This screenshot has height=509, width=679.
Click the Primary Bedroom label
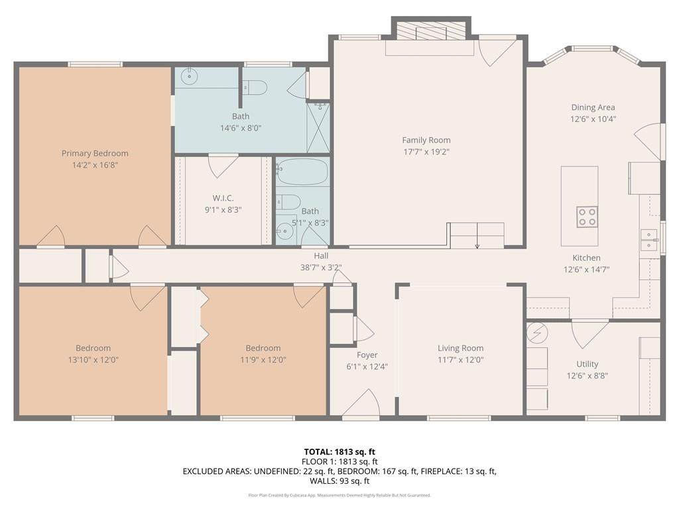[95, 153]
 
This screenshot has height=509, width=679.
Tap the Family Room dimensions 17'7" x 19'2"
[426, 152]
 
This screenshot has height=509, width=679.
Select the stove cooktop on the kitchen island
[587, 217]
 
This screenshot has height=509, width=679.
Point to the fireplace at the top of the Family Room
[431, 32]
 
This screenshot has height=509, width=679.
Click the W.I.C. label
[223, 198]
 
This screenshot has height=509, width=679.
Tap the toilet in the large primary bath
[255, 87]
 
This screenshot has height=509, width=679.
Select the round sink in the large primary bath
[189, 77]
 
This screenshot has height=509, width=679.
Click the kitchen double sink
[648, 240]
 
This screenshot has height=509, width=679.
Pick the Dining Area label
[593, 107]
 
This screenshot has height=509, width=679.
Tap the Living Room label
[460, 348]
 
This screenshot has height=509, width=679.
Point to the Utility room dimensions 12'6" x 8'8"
[587, 376]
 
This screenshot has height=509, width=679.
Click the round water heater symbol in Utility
[537, 333]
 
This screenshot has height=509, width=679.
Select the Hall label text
[321, 256]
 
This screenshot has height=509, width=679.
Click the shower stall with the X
[318, 128]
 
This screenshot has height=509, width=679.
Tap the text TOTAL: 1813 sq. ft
[339, 452]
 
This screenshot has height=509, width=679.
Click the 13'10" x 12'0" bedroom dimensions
[93, 360]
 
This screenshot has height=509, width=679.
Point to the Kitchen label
[586, 258]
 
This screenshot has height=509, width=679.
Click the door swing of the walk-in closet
[223, 166]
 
